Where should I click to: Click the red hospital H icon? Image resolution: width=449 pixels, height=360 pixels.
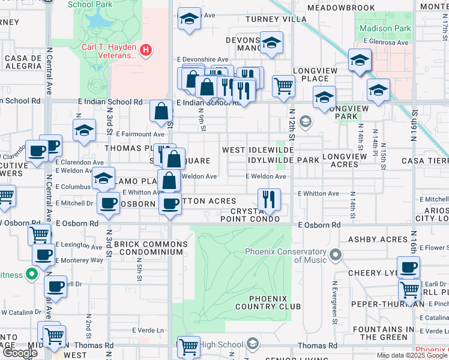click(145, 50)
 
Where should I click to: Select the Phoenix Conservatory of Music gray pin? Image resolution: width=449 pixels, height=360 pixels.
click(335, 256)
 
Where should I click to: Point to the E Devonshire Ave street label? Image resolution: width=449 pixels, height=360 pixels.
click(202, 59)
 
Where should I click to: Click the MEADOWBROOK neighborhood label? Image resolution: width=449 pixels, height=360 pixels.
click(341, 8)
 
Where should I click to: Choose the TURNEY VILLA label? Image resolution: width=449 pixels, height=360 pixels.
click(276, 19)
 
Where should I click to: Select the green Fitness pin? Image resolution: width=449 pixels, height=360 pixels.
click(31, 275)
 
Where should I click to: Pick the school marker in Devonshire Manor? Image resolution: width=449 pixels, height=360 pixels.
click(271, 42)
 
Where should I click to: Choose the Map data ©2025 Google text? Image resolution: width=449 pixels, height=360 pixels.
click(412, 355)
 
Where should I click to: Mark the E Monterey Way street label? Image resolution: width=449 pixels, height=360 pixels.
click(79, 260)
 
